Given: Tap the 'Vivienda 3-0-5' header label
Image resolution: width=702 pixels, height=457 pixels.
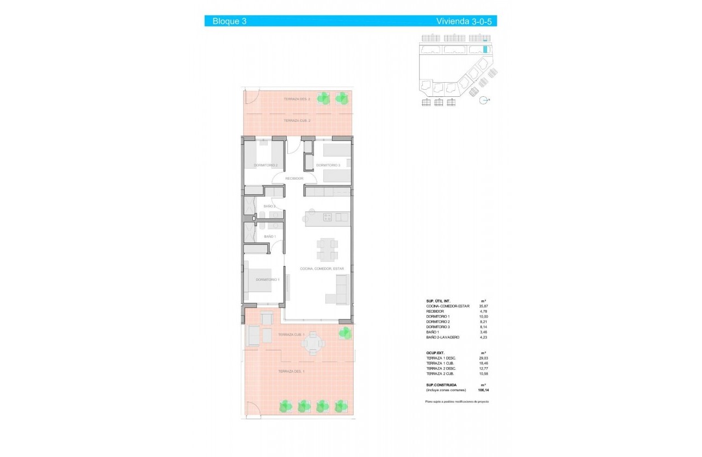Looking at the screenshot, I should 466,21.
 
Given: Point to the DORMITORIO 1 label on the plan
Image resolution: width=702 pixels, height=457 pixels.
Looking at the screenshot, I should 267,280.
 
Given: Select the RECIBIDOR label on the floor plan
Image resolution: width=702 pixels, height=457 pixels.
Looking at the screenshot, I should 294,178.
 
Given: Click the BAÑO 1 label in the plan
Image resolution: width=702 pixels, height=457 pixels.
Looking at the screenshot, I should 270,237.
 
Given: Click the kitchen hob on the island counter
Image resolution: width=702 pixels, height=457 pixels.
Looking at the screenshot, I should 328,218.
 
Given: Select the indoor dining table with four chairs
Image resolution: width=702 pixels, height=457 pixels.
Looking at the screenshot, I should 327,249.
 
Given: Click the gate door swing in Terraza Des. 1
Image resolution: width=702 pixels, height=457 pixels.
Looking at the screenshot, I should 253,409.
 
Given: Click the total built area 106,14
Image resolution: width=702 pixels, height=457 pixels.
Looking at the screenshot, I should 483,390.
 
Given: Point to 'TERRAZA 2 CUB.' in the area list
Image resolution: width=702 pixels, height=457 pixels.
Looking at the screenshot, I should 441,374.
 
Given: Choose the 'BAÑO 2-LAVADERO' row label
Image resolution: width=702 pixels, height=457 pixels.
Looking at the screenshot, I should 443,337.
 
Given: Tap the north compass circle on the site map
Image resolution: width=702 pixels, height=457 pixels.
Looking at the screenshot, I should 482,100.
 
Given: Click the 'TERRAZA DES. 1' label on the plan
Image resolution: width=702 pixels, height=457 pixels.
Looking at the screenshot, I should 291,371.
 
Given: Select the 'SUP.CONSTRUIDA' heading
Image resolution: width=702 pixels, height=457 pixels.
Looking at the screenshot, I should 441,385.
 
